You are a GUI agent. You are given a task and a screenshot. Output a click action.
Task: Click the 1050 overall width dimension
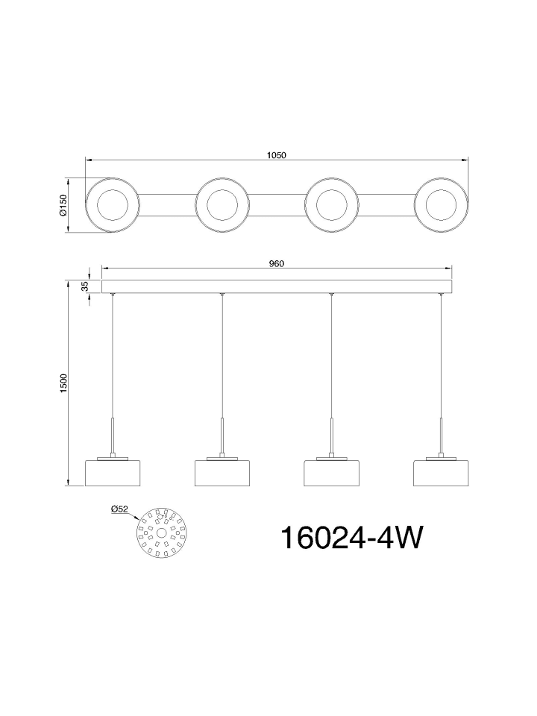coord(276,155)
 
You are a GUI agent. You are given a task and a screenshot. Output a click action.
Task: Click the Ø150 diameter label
coord(63,205)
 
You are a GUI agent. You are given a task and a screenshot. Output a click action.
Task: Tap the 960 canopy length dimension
coord(276,264)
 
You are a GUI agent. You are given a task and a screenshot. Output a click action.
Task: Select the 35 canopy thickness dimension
coord(84,286)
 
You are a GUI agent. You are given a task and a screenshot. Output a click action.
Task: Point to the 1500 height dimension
coord(63,383)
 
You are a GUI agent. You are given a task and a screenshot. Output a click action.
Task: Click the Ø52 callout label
coord(119,509)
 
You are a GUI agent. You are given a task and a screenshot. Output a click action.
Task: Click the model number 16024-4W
coord(351,538)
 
